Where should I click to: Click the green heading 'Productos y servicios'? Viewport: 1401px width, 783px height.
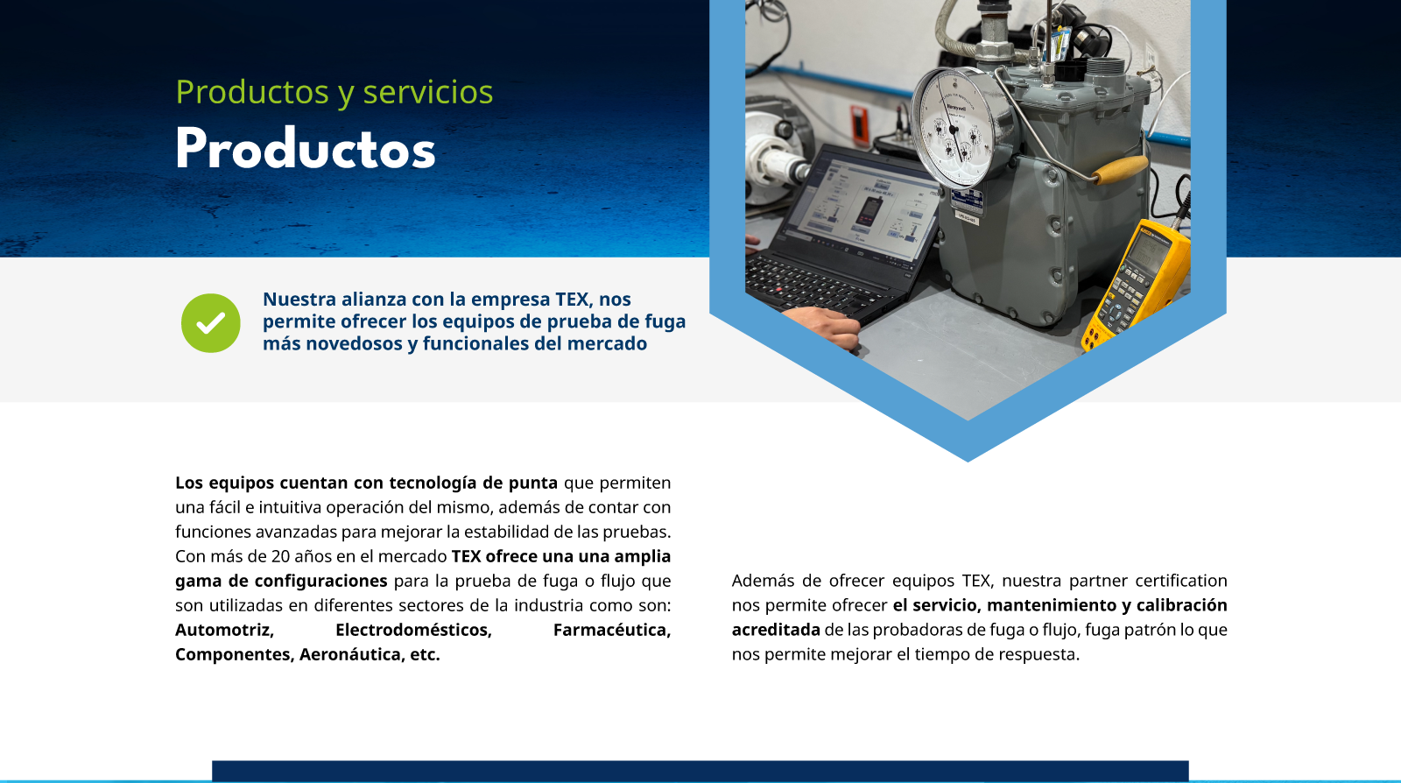334,93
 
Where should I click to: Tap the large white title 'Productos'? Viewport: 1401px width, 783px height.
306,149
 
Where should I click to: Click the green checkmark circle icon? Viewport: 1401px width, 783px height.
211,322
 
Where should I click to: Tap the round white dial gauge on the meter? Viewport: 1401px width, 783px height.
954,128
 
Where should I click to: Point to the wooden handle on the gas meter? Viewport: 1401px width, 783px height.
1120,170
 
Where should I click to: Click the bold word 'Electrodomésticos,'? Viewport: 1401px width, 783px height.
413,630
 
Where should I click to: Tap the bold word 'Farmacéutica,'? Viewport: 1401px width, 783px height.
612,630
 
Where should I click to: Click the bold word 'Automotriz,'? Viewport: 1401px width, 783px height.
224,630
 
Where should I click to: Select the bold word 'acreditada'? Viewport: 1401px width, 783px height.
776,630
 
